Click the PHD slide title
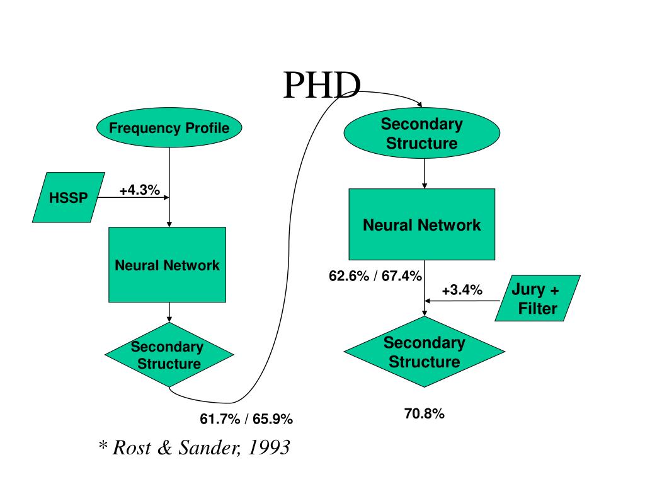321,86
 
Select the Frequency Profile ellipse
169,129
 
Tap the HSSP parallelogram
68,197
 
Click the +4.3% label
139,190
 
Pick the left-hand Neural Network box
167,265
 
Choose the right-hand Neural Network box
422,224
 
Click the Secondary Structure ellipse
421,134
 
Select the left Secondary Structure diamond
168,355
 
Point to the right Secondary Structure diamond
424,352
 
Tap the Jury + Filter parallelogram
537,299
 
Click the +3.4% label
462,290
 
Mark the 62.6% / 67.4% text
375,275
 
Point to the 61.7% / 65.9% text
246,418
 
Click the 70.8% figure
425,414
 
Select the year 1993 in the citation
270,447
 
